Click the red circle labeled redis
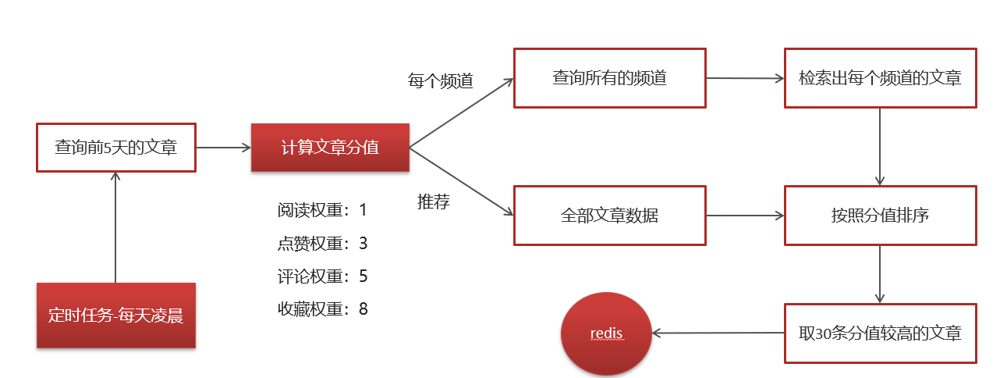tap(606, 333)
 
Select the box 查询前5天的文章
tap(115, 146)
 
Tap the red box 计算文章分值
tap(330, 147)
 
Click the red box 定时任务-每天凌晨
tap(115, 316)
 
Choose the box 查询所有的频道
tap(609, 78)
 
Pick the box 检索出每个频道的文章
tap(880, 78)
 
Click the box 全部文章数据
tap(609, 215)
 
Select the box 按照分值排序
tap(880, 215)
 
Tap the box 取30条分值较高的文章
tap(880, 333)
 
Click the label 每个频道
tap(441, 80)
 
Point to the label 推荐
tap(434, 202)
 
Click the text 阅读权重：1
tap(321, 210)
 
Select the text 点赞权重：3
tap(321, 243)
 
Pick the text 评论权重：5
tap(321, 276)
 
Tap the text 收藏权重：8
tap(321, 308)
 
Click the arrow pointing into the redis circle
tap(718, 333)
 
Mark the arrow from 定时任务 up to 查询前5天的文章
tap(115, 226)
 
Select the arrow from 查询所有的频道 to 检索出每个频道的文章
tap(745, 78)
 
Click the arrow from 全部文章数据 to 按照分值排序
tap(745, 215)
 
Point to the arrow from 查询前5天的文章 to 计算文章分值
tap(223, 146)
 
